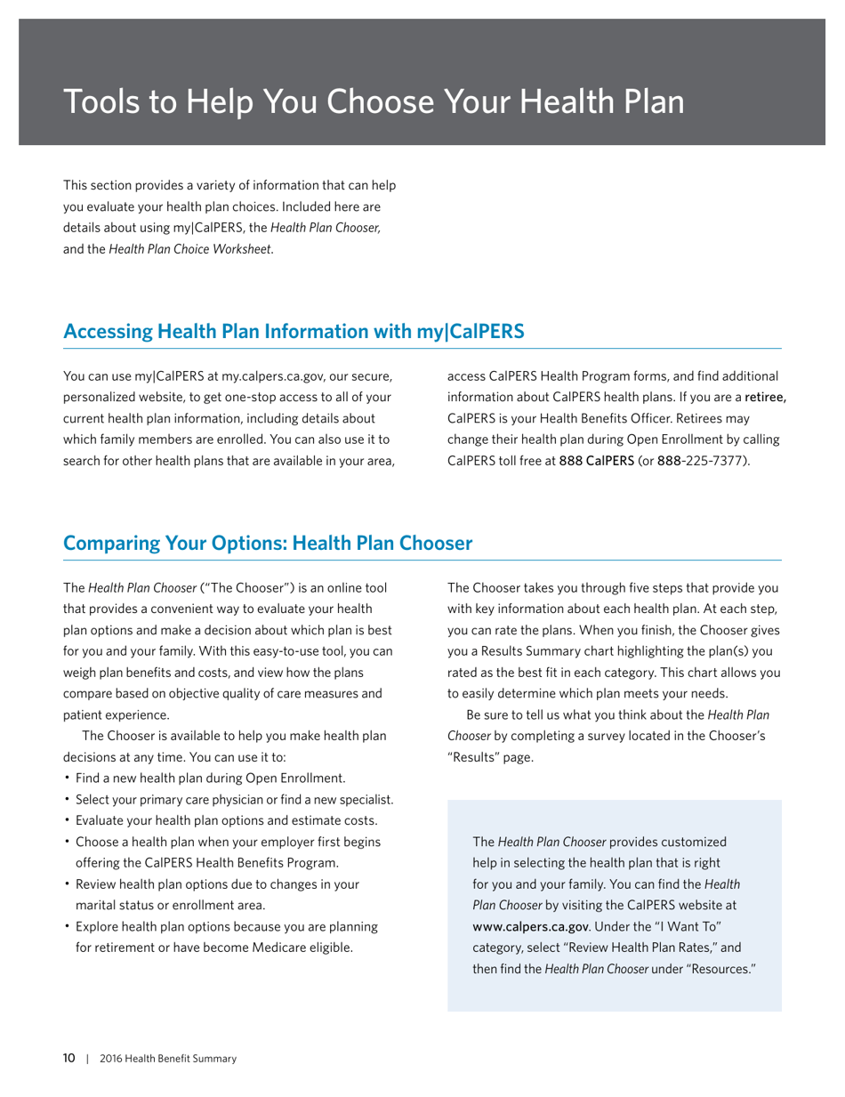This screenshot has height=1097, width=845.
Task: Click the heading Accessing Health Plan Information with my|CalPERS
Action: coord(294,331)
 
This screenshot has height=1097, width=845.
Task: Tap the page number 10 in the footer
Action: coord(69,1059)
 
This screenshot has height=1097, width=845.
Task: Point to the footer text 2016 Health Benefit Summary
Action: coord(168,1059)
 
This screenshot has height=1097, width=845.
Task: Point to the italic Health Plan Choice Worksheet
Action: coord(191,250)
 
